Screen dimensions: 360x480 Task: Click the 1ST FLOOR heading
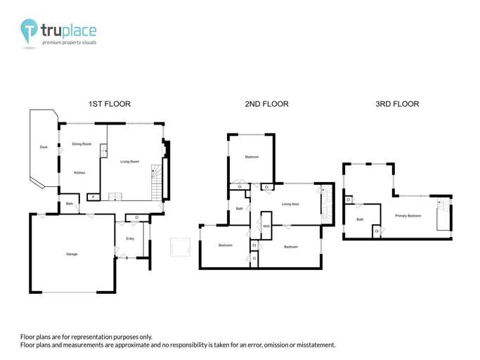point(109,104)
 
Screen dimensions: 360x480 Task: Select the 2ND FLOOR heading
point(266,104)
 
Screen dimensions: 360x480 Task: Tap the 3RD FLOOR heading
point(397,104)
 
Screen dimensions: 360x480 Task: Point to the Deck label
point(44,147)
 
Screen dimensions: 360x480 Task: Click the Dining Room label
point(82,144)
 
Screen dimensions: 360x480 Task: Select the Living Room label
point(130,162)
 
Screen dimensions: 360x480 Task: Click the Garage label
point(72,254)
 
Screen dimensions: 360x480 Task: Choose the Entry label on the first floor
point(130,239)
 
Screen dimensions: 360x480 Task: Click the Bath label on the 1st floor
point(70,204)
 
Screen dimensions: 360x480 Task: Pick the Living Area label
point(290,205)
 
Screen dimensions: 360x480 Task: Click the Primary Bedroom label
point(408,216)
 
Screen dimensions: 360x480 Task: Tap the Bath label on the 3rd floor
point(360,220)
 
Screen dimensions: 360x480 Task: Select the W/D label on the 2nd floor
point(266,226)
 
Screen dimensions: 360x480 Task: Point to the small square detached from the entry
point(181,247)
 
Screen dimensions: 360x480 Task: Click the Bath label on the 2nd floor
point(239,209)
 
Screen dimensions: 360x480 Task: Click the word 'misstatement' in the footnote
point(313,345)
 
